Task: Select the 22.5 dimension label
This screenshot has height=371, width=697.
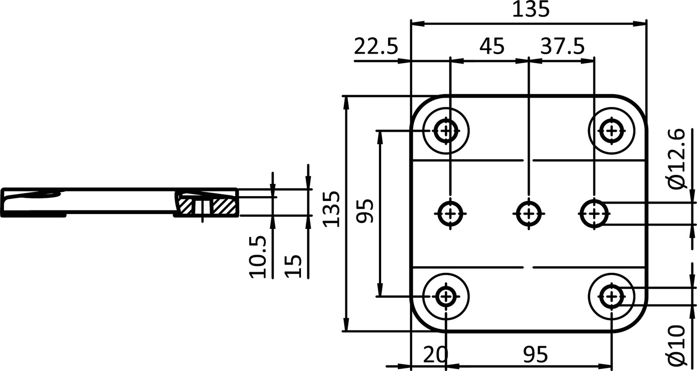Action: point(376,46)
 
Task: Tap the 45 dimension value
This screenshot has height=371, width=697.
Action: point(492,46)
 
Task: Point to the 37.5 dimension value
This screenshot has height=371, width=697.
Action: point(562,46)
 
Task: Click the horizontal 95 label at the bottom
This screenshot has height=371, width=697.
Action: point(536,355)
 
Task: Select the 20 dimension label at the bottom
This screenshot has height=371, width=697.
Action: point(435,355)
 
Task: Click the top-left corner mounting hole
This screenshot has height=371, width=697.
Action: point(446,130)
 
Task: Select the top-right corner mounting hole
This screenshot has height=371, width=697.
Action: point(612,130)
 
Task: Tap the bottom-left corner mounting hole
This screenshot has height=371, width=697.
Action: point(446,296)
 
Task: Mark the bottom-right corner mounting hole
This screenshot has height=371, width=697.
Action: point(612,296)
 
